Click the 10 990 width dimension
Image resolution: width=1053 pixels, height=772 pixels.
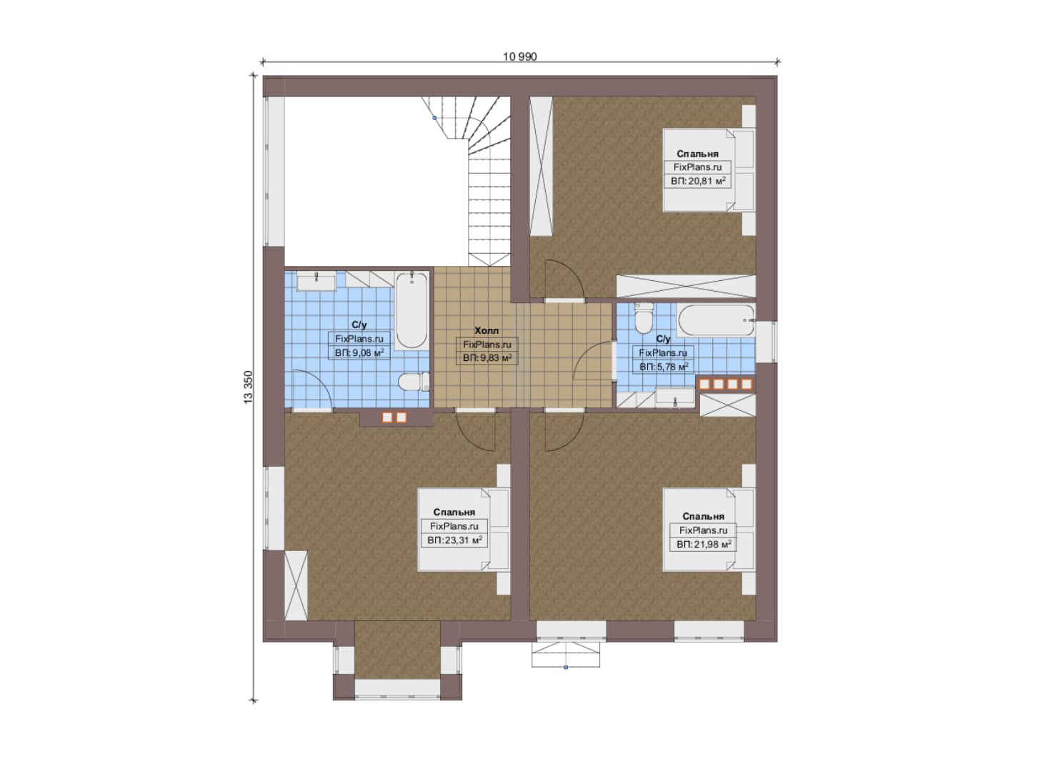click(520, 56)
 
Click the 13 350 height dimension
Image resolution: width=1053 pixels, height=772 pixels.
click(248, 387)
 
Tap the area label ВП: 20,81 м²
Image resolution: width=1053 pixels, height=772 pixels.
click(698, 181)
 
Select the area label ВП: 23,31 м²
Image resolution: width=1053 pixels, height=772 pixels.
click(454, 540)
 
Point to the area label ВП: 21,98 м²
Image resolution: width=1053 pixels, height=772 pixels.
click(703, 544)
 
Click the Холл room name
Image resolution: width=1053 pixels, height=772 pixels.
click(486, 331)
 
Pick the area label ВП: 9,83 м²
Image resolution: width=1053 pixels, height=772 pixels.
click(487, 358)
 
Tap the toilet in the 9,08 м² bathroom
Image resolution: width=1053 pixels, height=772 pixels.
click(414, 382)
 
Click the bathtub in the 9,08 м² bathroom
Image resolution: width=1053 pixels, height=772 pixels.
click(411, 310)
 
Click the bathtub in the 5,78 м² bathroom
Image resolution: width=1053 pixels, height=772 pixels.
click(716, 320)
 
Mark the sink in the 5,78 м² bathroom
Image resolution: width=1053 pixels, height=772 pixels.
click(675, 397)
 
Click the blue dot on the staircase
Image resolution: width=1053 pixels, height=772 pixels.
click(434, 118)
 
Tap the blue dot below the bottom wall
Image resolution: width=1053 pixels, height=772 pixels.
click(566, 667)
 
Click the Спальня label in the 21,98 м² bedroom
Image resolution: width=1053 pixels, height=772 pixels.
click(703, 516)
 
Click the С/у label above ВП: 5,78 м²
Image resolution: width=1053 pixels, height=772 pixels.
click(663, 339)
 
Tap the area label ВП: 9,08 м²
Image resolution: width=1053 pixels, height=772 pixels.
click(359, 352)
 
